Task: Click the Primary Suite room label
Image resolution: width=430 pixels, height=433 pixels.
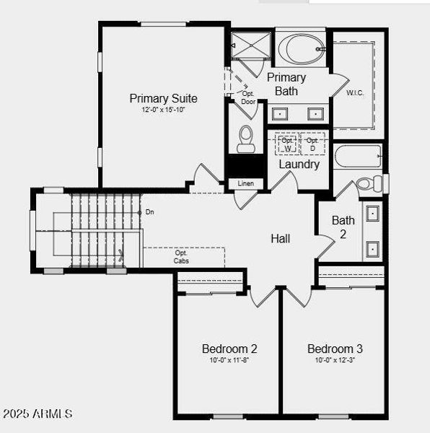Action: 163,98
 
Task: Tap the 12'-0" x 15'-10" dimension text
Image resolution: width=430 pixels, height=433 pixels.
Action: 163,110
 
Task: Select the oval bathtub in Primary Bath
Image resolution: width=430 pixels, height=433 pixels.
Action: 302,49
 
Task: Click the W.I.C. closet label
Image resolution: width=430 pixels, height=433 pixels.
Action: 355,93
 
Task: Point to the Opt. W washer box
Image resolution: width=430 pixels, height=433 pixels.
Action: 287,144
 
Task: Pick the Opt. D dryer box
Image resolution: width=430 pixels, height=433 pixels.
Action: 312,144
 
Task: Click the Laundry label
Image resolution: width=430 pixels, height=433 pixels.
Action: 299,165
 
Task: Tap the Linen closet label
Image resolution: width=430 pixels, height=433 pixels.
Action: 245,183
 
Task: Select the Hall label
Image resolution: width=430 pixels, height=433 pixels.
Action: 281,238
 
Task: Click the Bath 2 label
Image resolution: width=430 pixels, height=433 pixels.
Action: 343,227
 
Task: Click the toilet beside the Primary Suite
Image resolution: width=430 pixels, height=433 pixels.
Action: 246,139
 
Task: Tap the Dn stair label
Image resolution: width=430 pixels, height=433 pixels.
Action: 149,212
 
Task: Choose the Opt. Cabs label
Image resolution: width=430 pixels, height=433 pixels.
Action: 182,257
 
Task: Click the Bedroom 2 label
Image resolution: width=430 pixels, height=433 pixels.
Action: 229,349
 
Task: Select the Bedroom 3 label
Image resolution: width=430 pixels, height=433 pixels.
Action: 335,349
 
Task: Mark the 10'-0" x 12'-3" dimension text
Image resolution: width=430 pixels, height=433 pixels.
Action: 335,360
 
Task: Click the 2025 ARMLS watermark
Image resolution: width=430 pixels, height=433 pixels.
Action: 38,414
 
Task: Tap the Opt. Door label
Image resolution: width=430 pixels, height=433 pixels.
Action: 248,97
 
